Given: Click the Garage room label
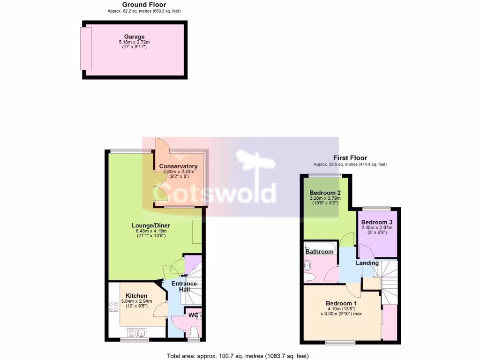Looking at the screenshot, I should click(x=134, y=37).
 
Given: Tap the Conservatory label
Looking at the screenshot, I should click(x=178, y=166).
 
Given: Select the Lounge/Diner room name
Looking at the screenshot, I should click(x=150, y=225).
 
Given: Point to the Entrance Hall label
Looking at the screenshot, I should click(x=184, y=287).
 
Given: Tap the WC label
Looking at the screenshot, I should click(x=193, y=315).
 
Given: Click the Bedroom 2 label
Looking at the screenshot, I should click(x=325, y=193).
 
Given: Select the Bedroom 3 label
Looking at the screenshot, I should click(x=377, y=222).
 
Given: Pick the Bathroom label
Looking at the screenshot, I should click(x=319, y=252).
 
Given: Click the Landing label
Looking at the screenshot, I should click(x=367, y=263).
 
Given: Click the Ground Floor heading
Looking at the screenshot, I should click(x=137, y=5).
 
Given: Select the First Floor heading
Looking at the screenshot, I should click(x=350, y=158).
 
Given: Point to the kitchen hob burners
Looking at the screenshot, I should click(x=113, y=307).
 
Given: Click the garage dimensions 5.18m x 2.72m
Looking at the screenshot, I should click(x=134, y=42).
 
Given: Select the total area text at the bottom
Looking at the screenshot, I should click(x=238, y=356).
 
